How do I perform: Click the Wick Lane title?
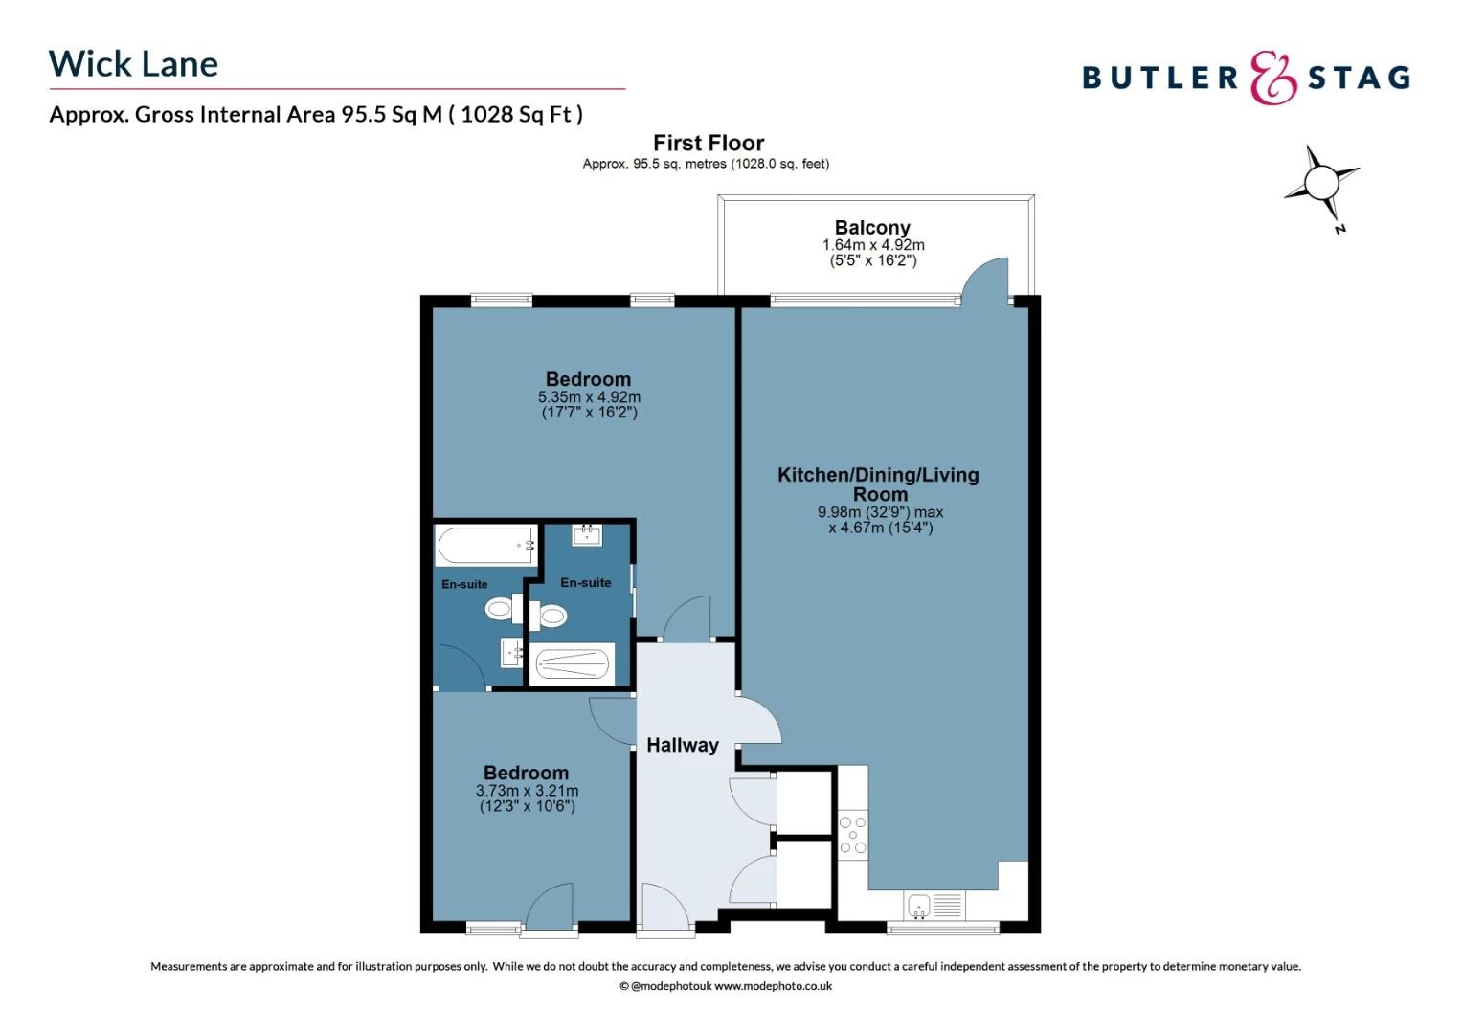(133, 64)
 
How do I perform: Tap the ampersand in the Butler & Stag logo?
(1272, 78)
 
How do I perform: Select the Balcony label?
(872, 227)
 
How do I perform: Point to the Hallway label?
(683, 745)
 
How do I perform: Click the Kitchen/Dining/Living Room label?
(878, 484)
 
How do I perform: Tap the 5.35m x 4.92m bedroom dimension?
(589, 396)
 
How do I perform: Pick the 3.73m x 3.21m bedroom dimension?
(527, 791)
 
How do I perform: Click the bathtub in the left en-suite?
(486, 545)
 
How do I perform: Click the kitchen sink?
(919, 906)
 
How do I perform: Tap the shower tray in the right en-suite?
(573, 664)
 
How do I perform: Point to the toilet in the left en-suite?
(504, 610)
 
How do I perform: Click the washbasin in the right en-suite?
(587, 535)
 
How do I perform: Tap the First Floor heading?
(709, 143)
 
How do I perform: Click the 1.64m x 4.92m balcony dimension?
(873, 245)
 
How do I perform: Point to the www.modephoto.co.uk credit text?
(774, 986)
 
